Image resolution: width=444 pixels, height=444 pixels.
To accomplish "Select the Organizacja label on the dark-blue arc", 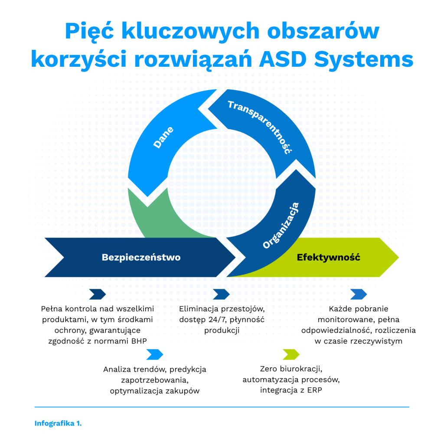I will (x=281, y=225).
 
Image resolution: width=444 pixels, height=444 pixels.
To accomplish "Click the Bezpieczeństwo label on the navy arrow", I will (x=141, y=257).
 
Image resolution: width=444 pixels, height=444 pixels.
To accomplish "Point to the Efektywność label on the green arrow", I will (x=328, y=257).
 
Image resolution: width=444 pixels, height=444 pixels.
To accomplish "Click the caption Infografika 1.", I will (x=58, y=424).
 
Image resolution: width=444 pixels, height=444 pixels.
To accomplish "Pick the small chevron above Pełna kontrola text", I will (x=98, y=294).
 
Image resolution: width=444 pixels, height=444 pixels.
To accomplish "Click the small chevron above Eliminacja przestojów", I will (x=222, y=294).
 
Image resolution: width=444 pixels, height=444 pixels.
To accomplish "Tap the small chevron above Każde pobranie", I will (x=359, y=294).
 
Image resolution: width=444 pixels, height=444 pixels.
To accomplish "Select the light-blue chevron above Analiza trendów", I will (x=155, y=354).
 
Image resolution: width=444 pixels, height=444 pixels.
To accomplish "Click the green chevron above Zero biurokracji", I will (x=291, y=354).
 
